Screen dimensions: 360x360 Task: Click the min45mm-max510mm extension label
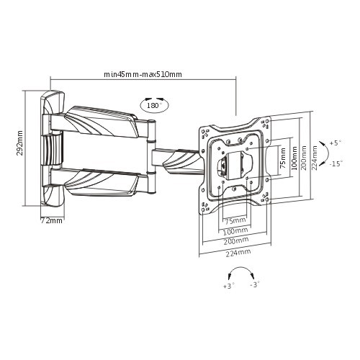[x=143, y=74]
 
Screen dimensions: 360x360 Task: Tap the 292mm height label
[x=19, y=143]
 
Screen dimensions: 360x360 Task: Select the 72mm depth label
[x=51, y=220]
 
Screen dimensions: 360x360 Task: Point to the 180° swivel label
[x=155, y=105]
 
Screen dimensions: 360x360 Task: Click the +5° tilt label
[x=336, y=143]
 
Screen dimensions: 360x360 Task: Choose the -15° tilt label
[x=336, y=164]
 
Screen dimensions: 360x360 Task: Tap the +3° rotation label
[x=229, y=286]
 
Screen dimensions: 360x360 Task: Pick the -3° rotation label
[x=255, y=284]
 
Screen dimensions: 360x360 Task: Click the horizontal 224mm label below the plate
[x=238, y=253]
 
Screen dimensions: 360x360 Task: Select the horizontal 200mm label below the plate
[x=236, y=240]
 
